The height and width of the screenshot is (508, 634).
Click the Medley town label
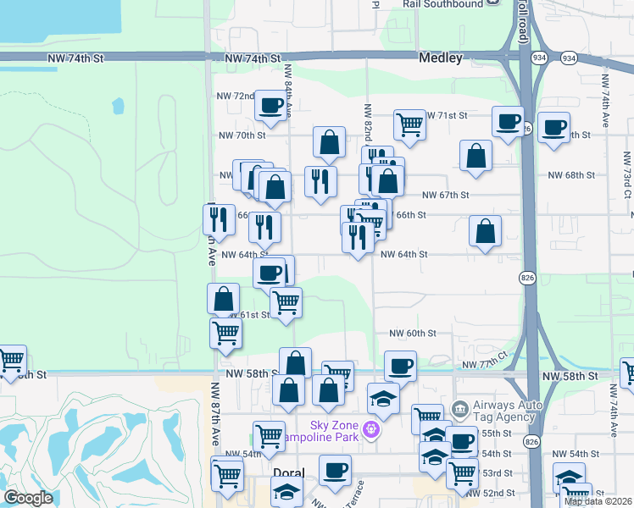[x=441, y=58]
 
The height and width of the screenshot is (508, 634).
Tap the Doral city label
[x=273, y=473]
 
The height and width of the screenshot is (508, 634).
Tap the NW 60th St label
[x=413, y=334]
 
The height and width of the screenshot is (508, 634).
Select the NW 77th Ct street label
[x=483, y=362]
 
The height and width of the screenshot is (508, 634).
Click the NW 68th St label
[x=572, y=174]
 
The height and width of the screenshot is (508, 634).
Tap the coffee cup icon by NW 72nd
[x=271, y=106]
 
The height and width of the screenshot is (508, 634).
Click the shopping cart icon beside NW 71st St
[x=409, y=124]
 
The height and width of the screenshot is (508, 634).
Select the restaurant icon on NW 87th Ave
[x=219, y=219]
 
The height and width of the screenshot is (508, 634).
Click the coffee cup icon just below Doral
[x=335, y=470]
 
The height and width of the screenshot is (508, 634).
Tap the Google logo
[x=28, y=498]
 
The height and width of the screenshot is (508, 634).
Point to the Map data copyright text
[x=598, y=501]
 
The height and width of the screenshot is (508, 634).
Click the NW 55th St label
[x=498, y=433]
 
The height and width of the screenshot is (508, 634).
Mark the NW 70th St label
[x=242, y=135]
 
